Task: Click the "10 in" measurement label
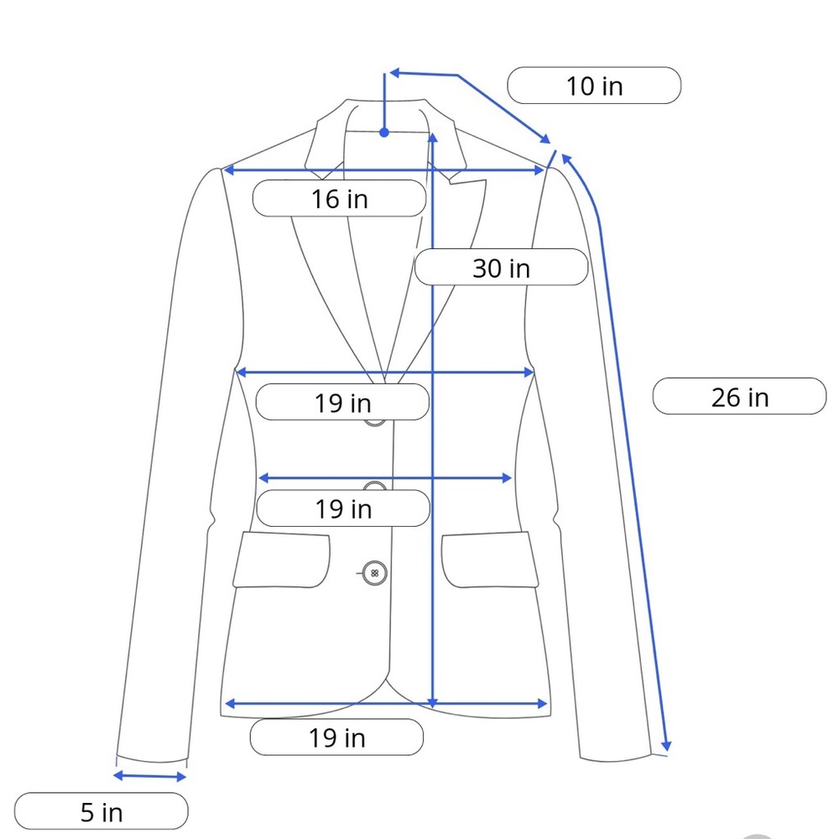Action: (x=594, y=86)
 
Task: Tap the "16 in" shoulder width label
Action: (x=339, y=199)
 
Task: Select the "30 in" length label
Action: (x=502, y=268)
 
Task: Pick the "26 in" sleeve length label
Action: (x=739, y=397)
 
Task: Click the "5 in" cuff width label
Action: (x=102, y=811)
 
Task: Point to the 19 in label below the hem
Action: (x=336, y=737)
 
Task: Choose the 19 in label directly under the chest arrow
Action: (x=342, y=402)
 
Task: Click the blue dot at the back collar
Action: (x=384, y=133)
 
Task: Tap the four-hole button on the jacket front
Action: (x=374, y=573)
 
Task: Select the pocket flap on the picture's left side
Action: (x=282, y=560)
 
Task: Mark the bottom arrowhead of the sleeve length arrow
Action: (x=666, y=745)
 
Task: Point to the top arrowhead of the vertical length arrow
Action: (x=433, y=138)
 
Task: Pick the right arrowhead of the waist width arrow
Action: (x=507, y=478)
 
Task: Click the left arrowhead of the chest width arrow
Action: (x=242, y=372)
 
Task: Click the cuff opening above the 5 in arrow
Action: (x=152, y=760)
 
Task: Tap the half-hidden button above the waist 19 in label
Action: (x=375, y=485)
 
